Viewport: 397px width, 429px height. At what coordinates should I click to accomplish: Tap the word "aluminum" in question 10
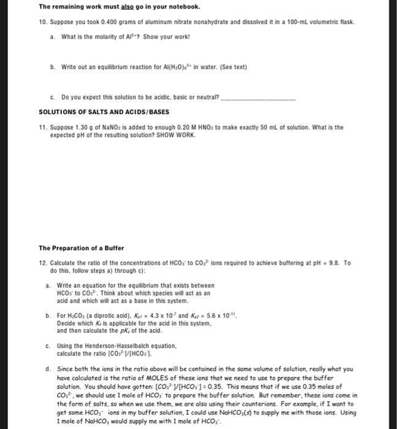pos(148,21)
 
